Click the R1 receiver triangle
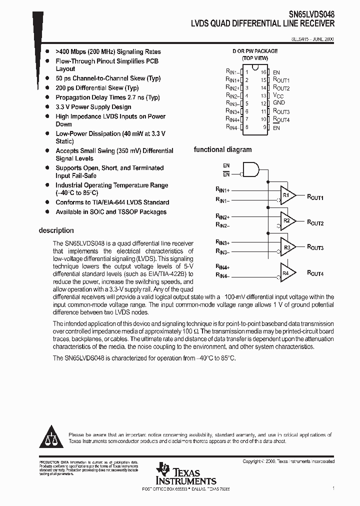pyautogui.click(x=287, y=195)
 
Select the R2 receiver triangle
pyautogui.click(x=287, y=221)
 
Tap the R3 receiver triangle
pyautogui.click(x=287, y=247)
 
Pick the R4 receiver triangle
pyautogui.click(x=287, y=273)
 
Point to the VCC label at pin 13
pyautogui.click(x=278, y=96)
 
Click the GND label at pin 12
pyautogui.click(x=278, y=103)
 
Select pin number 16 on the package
pyautogui.click(x=263, y=72)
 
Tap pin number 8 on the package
pyautogui.click(x=246, y=127)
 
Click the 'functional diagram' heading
pyautogui.click(x=222, y=149)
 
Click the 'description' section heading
pyautogui.click(x=56, y=230)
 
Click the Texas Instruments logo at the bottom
pyautogui.click(x=185, y=473)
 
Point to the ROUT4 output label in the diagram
pyautogui.click(x=315, y=273)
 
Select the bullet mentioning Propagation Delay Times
pyautogui.click(x=107, y=97)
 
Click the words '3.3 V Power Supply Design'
pyautogui.click(x=93, y=107)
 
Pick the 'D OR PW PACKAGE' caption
pyautogui.click(x=255, y=51)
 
